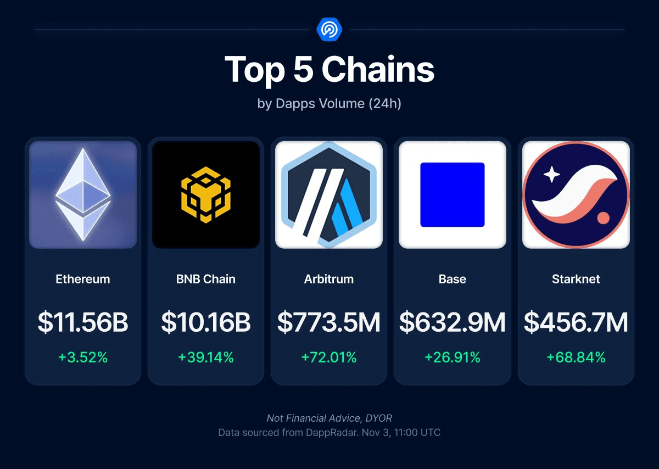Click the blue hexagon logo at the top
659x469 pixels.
[329, 29]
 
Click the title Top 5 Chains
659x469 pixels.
[329, 70]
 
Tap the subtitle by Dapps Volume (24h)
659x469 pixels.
[329, 103]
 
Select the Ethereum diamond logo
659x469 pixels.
[83, 194]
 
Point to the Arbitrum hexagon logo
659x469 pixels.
[329, 194]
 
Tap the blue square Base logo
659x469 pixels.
[452, 194]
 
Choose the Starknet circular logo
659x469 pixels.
[576, 194]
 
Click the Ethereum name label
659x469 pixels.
[83, 279]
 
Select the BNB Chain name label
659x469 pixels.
[206, 279]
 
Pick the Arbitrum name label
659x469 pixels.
[329, 279]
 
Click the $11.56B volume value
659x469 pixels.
[83, 322]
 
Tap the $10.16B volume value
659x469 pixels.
[206, 322]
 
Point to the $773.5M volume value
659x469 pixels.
[329, 322]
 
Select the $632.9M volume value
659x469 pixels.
[452, 322]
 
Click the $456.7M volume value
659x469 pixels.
[576, 322]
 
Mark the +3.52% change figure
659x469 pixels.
[83, 358]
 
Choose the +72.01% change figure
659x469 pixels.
[329, 358]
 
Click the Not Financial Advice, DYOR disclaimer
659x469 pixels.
[329, 418]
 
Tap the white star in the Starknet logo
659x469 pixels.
[551, 175]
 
